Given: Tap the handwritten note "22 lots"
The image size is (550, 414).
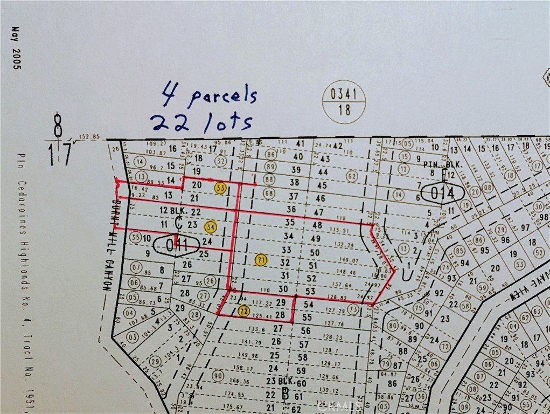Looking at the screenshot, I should (201, 122).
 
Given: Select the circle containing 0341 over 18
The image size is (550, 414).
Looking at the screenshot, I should (344, 101).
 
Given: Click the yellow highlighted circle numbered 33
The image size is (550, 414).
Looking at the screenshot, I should (220, 188).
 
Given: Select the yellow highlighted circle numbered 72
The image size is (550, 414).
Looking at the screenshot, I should (243, 311).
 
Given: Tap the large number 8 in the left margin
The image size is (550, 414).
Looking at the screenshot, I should (58, 126).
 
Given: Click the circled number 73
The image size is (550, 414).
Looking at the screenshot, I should (353, 310).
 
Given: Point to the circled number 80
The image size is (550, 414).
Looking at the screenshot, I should (392, 326).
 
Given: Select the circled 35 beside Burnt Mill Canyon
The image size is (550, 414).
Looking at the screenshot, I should (135, 237).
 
